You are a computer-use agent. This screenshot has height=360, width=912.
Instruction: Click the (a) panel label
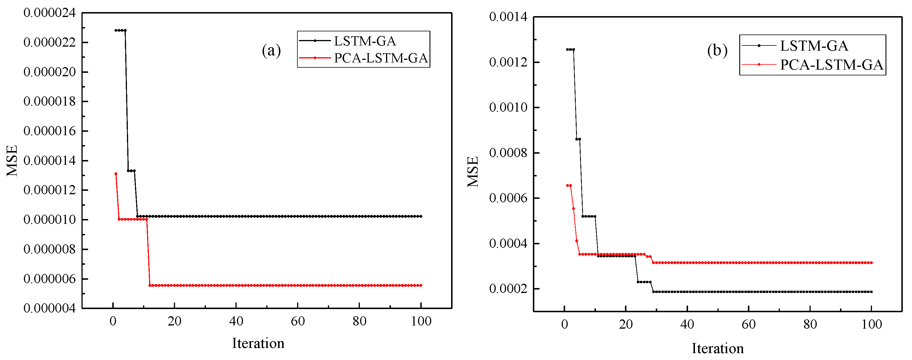coord(271,51)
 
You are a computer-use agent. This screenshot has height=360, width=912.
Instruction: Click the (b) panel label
coord(717,51)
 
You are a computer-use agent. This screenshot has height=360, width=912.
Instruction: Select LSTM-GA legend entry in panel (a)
coord(365,41)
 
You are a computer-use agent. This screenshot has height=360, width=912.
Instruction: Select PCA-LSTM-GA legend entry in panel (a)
coord(381,58)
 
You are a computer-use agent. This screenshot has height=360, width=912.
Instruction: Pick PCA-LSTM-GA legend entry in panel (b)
coord(831,65)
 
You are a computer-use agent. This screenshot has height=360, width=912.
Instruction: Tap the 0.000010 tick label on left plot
coord(50,220)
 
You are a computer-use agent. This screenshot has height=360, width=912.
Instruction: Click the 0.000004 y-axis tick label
coord(50,308)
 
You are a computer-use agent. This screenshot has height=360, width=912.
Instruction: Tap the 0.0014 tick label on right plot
coord(508,17)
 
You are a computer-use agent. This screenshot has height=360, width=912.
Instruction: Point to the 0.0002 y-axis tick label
coord(508,289)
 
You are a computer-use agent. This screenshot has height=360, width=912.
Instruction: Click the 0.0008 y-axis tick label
coord(508,153)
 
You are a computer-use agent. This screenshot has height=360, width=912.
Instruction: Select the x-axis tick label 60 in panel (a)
coord(298,321)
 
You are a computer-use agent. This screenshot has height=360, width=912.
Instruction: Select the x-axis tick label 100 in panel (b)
coord(871,324)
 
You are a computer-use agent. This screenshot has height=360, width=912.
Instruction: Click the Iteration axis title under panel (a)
coord(258,343)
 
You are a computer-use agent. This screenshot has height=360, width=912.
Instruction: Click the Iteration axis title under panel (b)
coord(718,349)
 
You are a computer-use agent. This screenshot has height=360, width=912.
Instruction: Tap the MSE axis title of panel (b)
coord(473,172)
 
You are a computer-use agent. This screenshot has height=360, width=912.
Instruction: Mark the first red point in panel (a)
coord(116,174)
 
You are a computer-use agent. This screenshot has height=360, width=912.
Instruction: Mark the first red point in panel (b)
coord(567,186)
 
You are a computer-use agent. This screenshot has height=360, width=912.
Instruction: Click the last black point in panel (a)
coord(421,216)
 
